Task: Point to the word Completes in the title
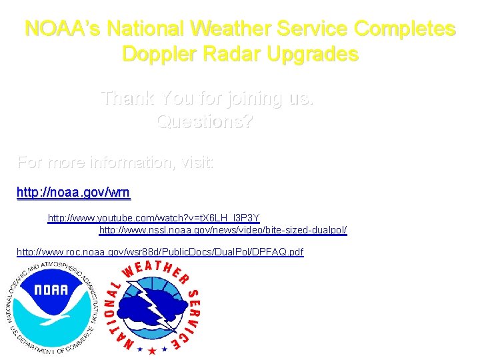tap(405, 29)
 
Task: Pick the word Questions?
tap(205, 122)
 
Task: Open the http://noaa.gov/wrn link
tap(73, 193)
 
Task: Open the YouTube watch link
tap(153, 218)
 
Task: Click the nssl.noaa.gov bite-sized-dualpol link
tap(223, 230)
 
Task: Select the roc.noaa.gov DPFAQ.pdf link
tap(160, 252)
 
